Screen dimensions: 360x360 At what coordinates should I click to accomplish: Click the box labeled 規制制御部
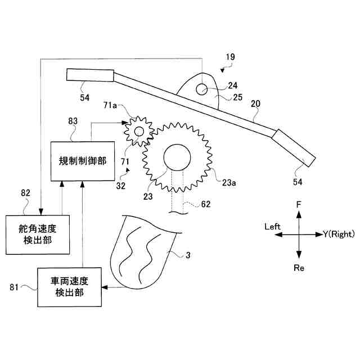coord(82,161)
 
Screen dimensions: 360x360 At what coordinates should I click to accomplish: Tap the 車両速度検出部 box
coord(69,287)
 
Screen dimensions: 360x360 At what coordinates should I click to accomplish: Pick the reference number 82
coord(26,193)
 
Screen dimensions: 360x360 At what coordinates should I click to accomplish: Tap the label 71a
coord(111,105)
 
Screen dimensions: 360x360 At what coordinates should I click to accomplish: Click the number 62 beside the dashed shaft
coord(206,205)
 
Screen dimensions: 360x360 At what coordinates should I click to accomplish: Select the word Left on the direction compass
coord(272,226)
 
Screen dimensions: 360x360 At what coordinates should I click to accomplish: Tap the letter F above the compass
coord(299,206)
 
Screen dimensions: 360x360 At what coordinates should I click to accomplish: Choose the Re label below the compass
coord(299,268)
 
